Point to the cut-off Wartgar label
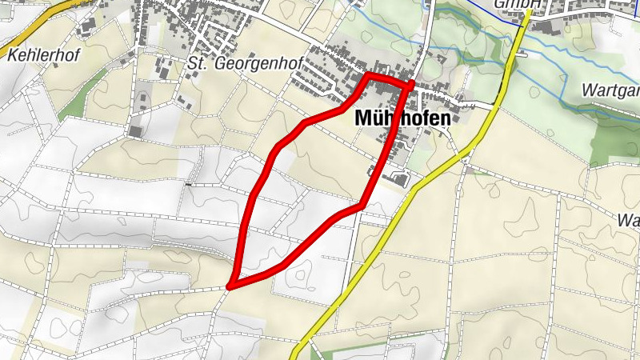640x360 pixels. click(611, 89)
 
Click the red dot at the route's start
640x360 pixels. click(412, 82)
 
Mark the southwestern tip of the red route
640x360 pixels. click(230, 285)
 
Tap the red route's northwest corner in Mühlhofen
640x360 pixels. click(368, 76)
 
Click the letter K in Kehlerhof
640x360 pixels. click(12, 54)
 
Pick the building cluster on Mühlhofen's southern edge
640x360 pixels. click(392, 175)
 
